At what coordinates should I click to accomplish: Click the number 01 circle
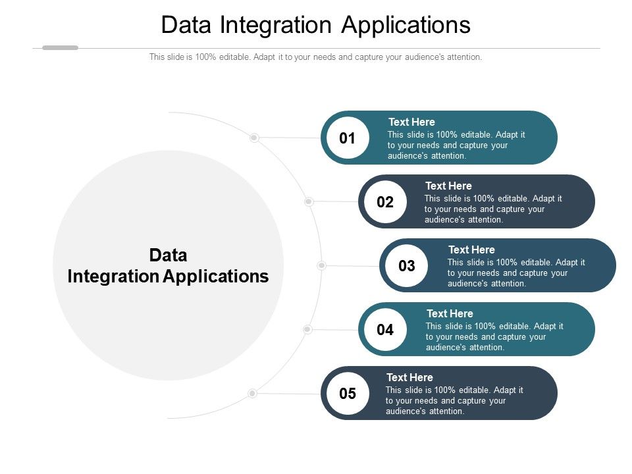348,138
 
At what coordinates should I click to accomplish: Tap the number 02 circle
385,202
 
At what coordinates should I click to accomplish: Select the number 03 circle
406,265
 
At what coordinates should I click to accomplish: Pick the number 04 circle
385,330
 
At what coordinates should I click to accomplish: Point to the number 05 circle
348,394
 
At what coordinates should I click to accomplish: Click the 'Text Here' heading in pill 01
411,122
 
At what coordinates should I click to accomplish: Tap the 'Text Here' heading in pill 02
448,186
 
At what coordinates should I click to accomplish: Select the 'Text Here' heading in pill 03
471,250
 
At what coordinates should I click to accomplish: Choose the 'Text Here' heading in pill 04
450,313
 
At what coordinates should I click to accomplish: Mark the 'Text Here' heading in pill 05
409,377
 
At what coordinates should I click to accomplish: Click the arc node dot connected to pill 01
254,138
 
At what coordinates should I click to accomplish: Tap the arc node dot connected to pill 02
309,201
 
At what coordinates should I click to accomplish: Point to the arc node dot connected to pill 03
321,265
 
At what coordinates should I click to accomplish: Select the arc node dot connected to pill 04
307,329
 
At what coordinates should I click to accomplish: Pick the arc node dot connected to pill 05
252,393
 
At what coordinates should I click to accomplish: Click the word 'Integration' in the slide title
276,26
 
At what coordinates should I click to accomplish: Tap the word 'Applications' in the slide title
406,26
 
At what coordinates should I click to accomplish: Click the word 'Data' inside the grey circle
168,255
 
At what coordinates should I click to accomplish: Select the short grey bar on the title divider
60,47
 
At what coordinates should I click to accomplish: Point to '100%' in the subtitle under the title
205,57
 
